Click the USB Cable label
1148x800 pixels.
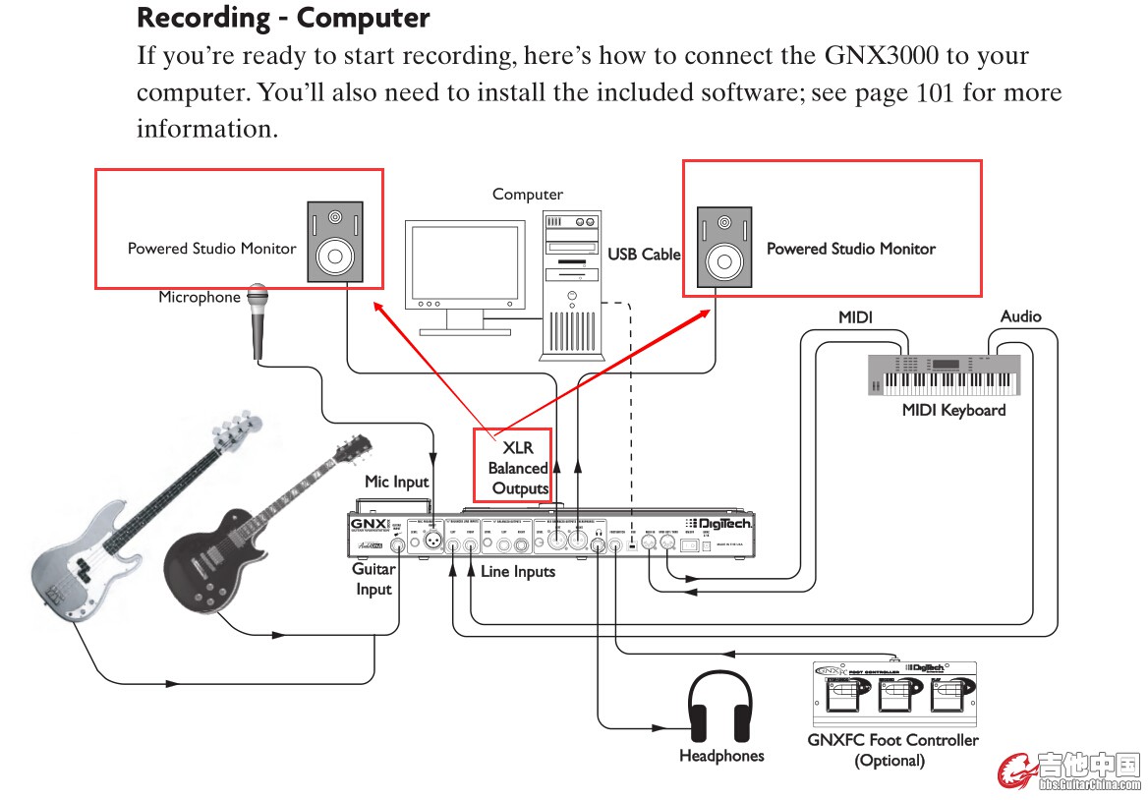coord(644,254)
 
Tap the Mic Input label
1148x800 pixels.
coord(397,482)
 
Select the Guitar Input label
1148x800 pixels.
coord(373,579)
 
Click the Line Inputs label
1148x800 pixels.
coord(518,571)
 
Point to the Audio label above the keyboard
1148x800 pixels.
coord(1020,316)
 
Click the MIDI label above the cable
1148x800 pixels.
coord(855,316)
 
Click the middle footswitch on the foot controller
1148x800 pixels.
coord(893,695)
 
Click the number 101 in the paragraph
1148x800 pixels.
coord(935,93)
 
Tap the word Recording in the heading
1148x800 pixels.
coord(204,18)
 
